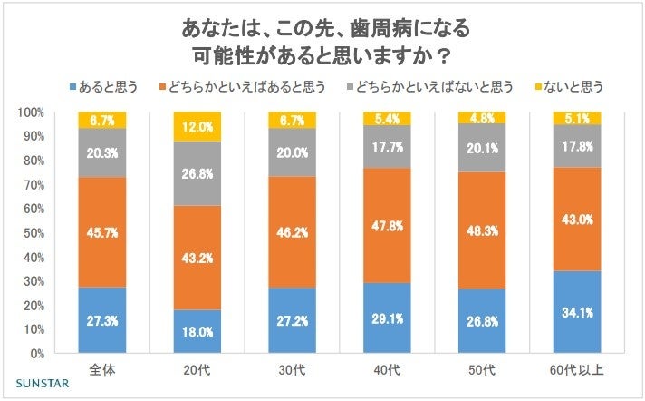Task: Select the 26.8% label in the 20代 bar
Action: coord(197,173)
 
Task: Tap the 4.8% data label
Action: coord(483,117)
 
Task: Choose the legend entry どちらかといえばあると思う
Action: coord(241,87)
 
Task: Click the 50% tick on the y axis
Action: coord(33,232)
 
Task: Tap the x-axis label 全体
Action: coord(102,371)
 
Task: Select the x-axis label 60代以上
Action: coord(577,371)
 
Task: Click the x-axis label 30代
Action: coord(292,371)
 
